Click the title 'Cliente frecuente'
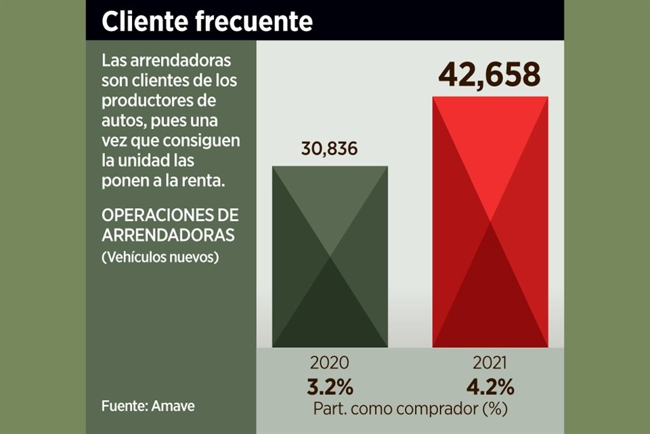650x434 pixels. [x=207, y=21]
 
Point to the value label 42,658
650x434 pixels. [x=489, y=75]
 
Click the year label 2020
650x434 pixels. [x=330, y=362]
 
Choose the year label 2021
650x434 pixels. [x=490, y=362]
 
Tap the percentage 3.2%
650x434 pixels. [x=330, y=387]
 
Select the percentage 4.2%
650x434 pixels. [x=490, y=387]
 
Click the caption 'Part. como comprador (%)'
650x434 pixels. [x=410, y=410]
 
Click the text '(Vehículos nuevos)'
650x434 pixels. [x=160, y=258]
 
